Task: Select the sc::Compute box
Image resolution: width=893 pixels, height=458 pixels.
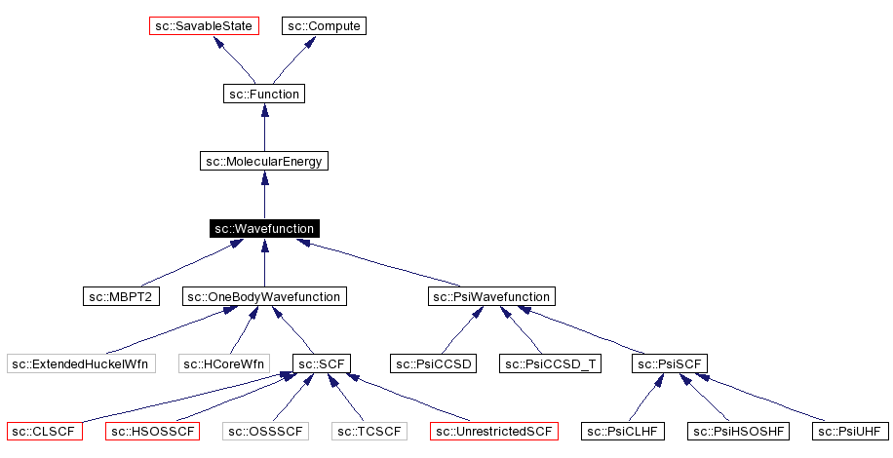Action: (x=325, y=26)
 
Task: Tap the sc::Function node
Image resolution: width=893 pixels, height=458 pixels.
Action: (x=263, y=95)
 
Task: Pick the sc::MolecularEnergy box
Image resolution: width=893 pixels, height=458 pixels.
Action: (x=263, y=162)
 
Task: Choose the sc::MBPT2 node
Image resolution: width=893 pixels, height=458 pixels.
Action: (x=121, y=296)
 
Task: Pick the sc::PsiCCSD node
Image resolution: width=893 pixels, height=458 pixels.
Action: (x=433, y=364)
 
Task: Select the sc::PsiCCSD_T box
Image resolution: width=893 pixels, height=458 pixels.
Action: (x=552, y=364)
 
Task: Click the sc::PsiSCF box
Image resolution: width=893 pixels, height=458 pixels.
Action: (x=670, y=364)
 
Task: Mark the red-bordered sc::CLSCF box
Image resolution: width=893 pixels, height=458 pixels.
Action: (x=44, y=431)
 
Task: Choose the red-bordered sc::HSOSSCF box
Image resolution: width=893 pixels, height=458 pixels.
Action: (x=152, y=431)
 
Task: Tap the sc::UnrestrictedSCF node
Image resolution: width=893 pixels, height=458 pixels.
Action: (x=494, y=431)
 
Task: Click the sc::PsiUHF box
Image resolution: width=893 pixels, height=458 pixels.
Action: (x=851, y=431)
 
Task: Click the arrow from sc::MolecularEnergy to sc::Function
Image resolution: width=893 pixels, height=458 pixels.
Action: (x=264, y=128)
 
